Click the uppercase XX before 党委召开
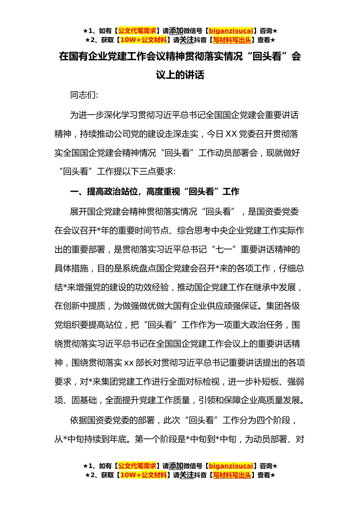coord(231,134)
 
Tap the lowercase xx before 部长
coord(129,363)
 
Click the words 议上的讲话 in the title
coord(180,75)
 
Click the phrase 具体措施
coord(71,269)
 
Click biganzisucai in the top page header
coord(231,31)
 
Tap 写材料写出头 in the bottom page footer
coord(232,475)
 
